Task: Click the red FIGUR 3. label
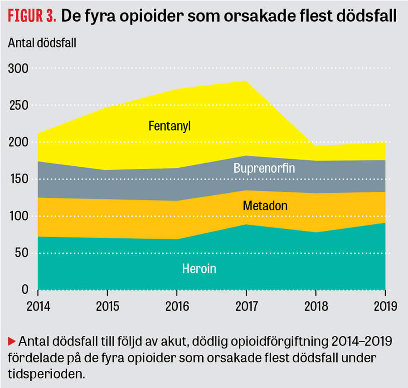tap(32, 16)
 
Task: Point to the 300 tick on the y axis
tap(19, 68)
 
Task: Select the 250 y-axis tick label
tap(19, 106)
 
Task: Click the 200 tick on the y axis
tap(19, 142)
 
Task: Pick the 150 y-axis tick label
tap(19, 179)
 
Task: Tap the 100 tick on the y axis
tap(19, 216)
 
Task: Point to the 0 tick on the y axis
tap(24, 290)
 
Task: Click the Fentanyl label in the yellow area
tap(170, 126)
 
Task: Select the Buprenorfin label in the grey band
tap(264, 168)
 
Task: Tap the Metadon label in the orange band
tap(265, 206)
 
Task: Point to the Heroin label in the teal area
tap(199, 269)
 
